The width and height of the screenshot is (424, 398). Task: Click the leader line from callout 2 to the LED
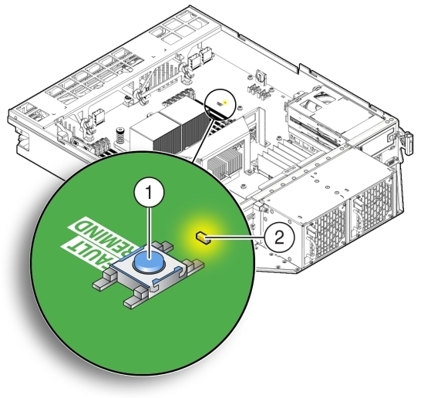click(234, 238)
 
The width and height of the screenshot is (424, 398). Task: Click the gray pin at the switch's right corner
click(199, 265)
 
